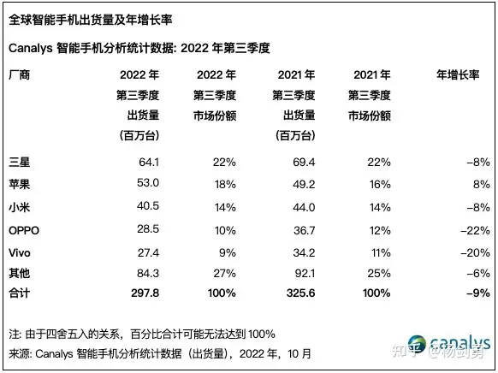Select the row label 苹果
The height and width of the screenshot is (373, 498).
pyautogui.click(x=19, y=183)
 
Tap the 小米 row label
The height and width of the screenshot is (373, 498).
pyautogui.click(x=19, y=207)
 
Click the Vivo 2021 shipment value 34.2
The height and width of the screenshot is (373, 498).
pyautogui.click(x=303, y=252)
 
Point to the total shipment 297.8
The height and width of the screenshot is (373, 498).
pyautogui.click(x=144, y=292)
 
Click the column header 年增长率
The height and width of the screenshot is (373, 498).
pyautogui.click(x=459, y=74)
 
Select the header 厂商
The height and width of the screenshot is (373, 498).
pyautogui.click(x=19, y=74)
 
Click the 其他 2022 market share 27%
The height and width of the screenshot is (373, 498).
pyautogui.click(x=223, y=273)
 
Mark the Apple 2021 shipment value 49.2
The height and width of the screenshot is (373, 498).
pyautogui.click(x=303, y=183)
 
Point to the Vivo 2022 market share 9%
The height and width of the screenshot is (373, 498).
pyautogui.click(x=228, y=252)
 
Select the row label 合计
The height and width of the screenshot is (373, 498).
pyautogui.click(x=19, y=292)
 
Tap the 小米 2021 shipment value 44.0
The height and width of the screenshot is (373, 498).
pyautogui.click(x=303, y=207)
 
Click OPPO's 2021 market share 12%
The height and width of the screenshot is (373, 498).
pyautogui.click(x=380, y=229)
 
